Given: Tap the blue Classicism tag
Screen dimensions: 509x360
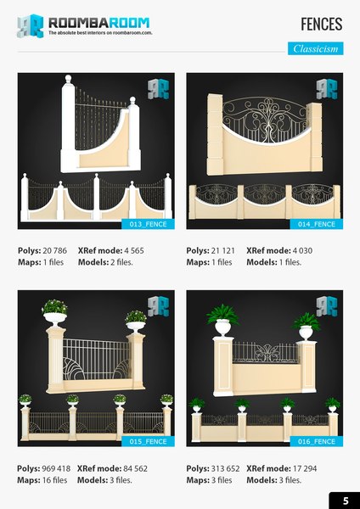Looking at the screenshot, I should pyautogui.click(x=315, y=48).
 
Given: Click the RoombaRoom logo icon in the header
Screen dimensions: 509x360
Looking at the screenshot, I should pyautogui.click(x=30, y=25).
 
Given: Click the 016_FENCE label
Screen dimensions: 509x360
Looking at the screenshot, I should pyautogui.click(x=317, y=441).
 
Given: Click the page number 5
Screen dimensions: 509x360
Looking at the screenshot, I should pyautogui.click(x=345, y=499).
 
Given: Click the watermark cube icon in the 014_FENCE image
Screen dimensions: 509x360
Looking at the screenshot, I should pyautogui.click(x=326, y=88).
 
